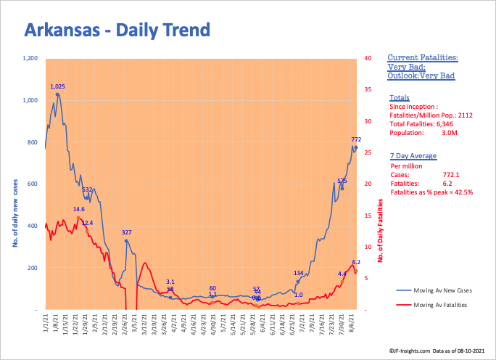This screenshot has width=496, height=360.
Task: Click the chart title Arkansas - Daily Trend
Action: tap(117, 30)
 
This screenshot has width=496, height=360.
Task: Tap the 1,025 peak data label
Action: tap(58, 86)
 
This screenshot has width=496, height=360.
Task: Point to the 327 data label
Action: tap(126, 232)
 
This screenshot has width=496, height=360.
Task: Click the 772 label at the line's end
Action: tap(356, 139)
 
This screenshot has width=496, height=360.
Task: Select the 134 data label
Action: tap(298, 273)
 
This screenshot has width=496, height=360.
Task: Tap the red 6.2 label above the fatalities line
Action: tap(356, 262)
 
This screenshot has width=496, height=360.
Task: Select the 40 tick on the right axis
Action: tap(369, 58)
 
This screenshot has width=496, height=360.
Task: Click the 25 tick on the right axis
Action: tap(369, 152)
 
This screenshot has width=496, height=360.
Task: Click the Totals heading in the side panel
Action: tap(399, 97)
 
